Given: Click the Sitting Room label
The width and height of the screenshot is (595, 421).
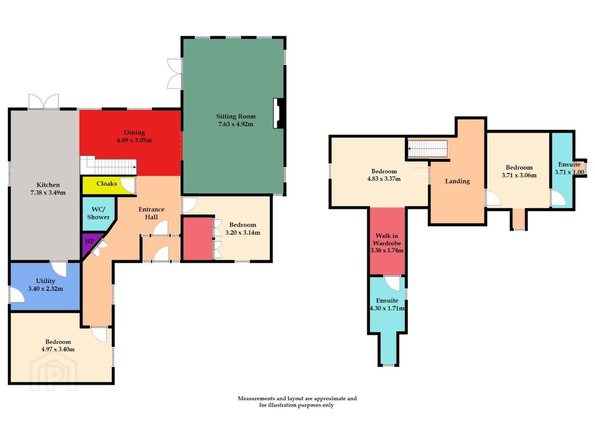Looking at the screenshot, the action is [236, 116].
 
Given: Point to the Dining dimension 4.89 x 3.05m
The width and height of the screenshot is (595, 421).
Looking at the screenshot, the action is [134, 140].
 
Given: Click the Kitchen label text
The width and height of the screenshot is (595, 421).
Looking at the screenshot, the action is [48, 185].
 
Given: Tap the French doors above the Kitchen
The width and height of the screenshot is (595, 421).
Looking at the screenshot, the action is [44, 101].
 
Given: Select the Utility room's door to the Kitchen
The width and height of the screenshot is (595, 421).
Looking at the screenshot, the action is [58, 269].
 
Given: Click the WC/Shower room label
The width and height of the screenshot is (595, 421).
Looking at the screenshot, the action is [98, 213].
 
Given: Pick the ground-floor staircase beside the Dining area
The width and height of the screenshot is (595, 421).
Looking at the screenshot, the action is [108, 166].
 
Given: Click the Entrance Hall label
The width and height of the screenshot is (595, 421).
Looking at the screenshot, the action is [151, 213].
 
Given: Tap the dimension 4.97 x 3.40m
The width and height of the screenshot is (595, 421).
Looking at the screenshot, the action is [58, 349].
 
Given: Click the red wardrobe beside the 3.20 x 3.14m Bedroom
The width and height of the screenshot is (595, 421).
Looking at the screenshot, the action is [198, 239].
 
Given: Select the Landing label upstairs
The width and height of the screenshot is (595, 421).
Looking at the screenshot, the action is [457, 181].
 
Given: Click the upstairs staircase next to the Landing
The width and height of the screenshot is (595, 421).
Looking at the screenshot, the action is [428, 149].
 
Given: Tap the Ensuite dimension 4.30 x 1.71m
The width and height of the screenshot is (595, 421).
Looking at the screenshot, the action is [388, 308].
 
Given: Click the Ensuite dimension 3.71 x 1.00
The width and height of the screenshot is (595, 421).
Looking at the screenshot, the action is [569, 172].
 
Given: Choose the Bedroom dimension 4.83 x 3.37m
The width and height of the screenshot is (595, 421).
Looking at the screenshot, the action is [384, 179].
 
